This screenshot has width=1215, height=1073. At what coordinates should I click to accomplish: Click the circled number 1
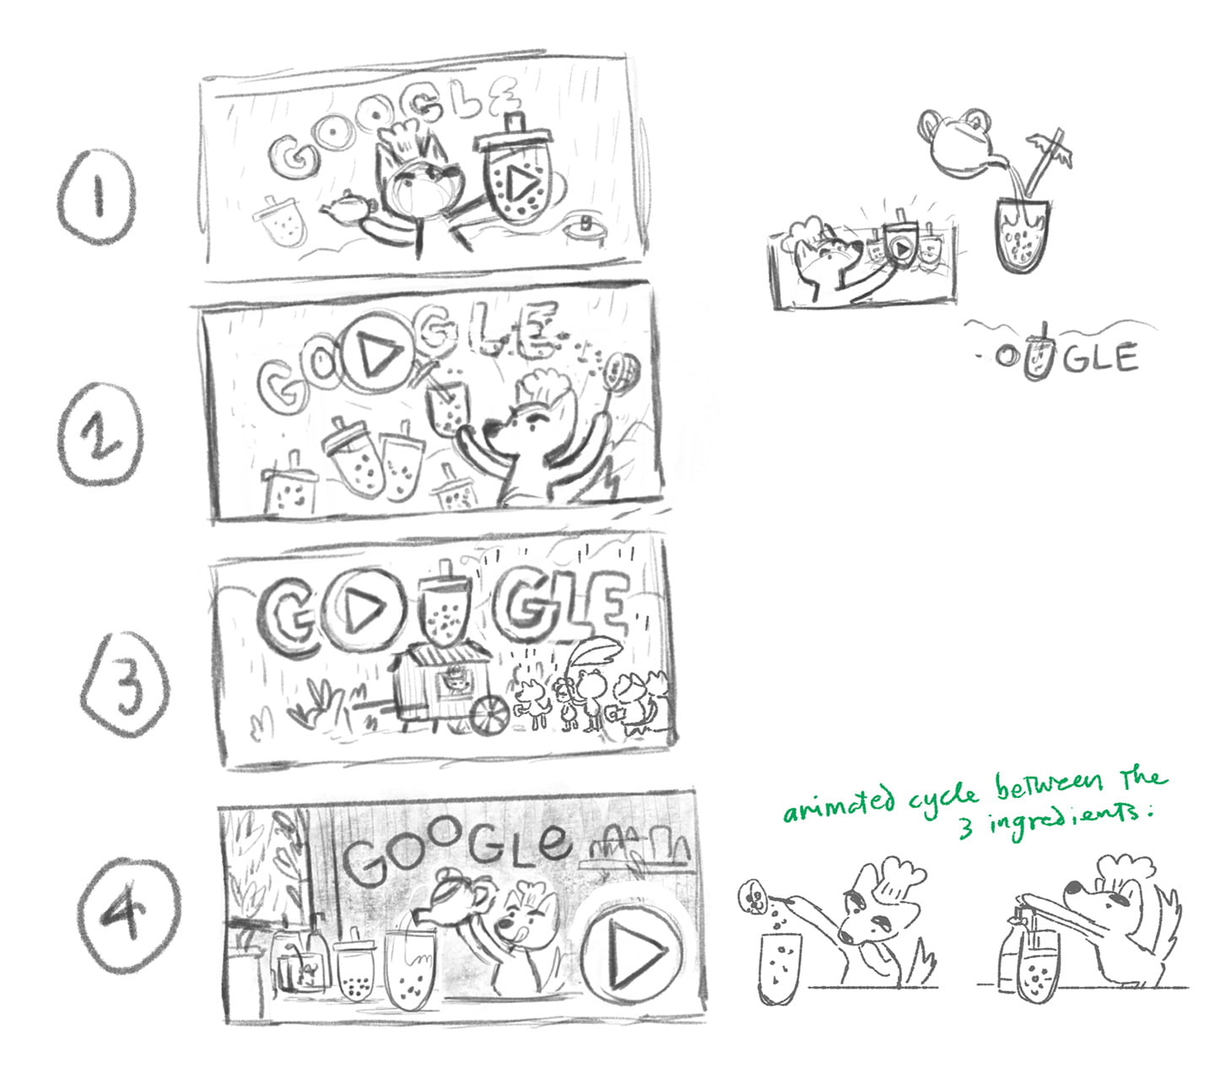click(x=98, y=196)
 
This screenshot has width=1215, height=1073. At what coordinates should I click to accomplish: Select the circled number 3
click(x=125, y=684)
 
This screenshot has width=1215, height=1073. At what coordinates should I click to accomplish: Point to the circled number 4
click(x=128, y=914)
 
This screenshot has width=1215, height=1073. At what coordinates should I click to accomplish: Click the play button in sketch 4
click(x=632, y=953)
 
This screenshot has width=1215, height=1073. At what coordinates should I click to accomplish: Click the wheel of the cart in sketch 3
click(x=490, y=715)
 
